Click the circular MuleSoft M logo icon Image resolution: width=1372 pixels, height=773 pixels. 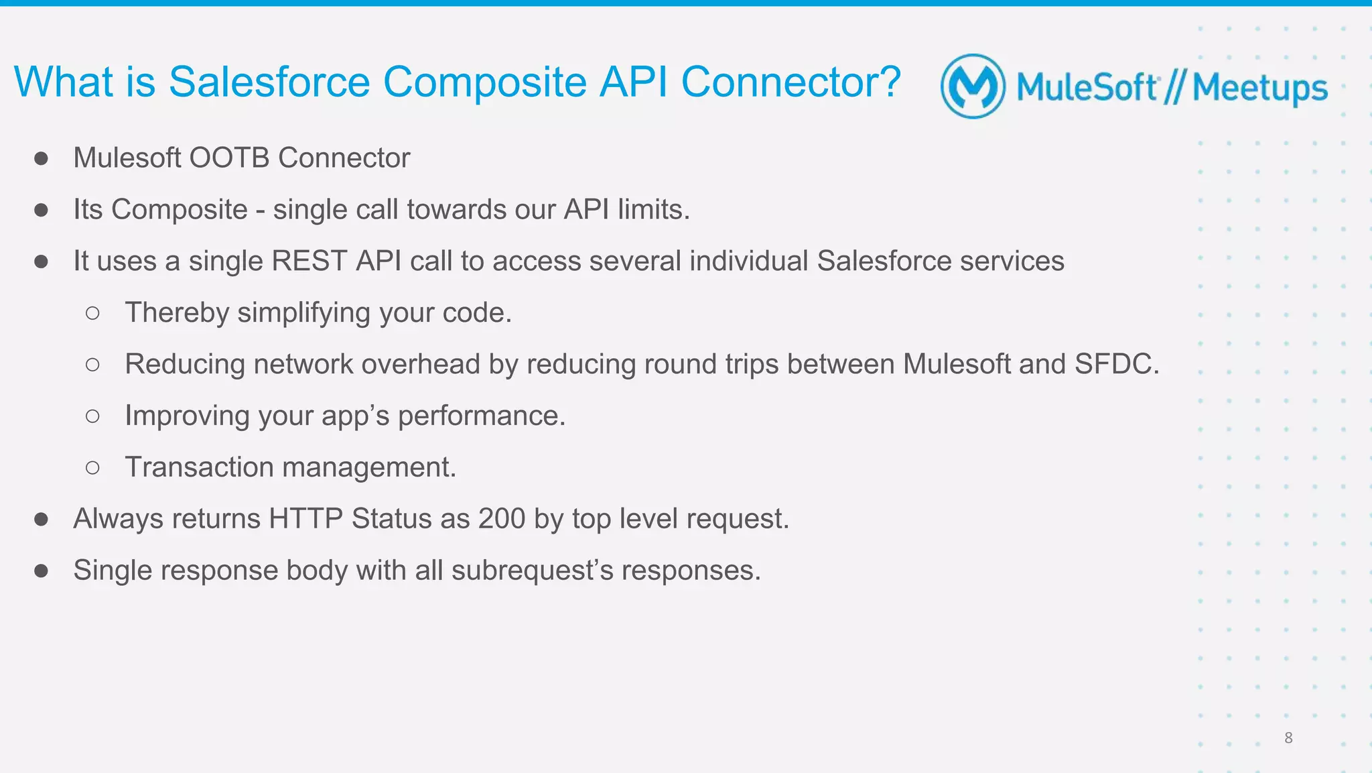(973, 86)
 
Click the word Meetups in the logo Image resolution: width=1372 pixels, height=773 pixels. (1259, 88)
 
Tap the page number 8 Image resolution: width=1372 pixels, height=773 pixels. (1288, 738)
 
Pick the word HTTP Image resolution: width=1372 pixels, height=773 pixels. (305, 519)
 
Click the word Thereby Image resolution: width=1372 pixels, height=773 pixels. (177, 313)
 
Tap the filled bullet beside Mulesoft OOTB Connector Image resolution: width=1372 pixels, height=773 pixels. (42, 159)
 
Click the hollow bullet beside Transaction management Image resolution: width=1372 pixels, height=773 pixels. (93, 468)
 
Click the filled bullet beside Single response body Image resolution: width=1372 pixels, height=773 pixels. (42, 571)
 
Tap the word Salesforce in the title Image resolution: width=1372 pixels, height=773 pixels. (269, 82)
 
